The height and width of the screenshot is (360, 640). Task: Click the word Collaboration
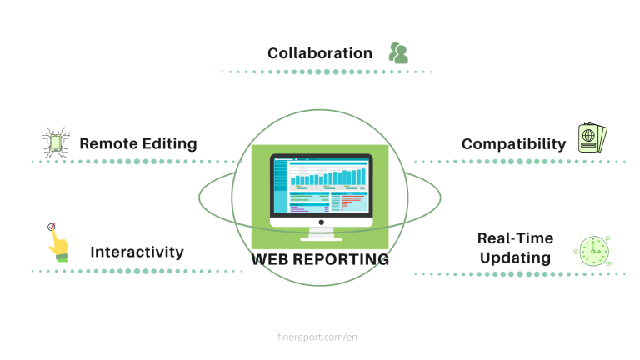(x=320, y=53)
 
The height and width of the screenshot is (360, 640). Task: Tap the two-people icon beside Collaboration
(x=398, y=53)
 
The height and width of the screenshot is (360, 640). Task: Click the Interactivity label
(x=137, y=252)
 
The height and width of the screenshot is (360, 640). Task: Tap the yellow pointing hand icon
(x=56, y=242)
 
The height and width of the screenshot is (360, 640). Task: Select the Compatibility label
(x=513, y=144)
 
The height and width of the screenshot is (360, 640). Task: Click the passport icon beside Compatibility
(x=592, y=138)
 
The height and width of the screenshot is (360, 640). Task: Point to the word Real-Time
(x=515, y=238)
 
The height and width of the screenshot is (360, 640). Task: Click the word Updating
(x=515, y=257)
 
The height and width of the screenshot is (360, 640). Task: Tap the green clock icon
(x=593, y=251)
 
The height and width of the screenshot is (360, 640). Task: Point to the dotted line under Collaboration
(x=327, y=72)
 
